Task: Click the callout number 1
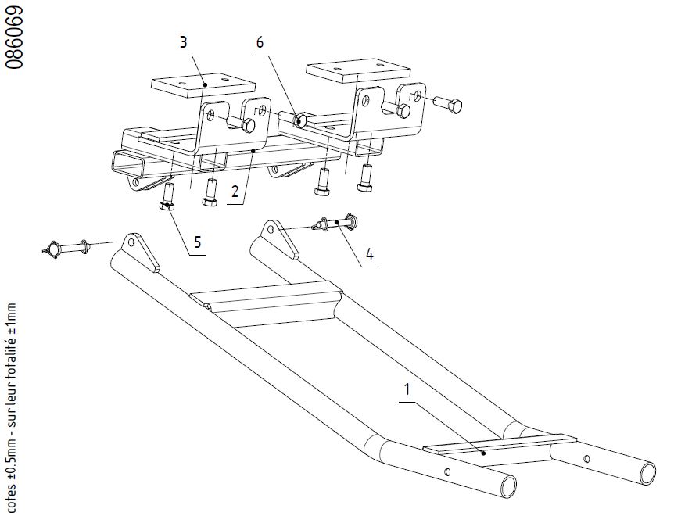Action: click(407, 389)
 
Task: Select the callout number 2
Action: click(235, 192)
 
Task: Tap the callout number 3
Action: click(184, 42)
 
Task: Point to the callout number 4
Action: click(370, 254)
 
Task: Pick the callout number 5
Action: click(197, 242)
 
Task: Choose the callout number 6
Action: click(260, 42)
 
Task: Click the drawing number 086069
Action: click(14, 38)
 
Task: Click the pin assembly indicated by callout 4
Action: click(335, 223)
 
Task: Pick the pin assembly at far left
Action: click(66, 249)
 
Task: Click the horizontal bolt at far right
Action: click(448, 104)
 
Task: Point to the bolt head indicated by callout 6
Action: click(299, 120)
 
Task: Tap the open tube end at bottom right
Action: click(647, 474)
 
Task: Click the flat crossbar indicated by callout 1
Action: click(499, 450)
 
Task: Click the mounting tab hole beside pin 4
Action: click(271, 228)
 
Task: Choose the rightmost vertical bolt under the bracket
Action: click(365, 179)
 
